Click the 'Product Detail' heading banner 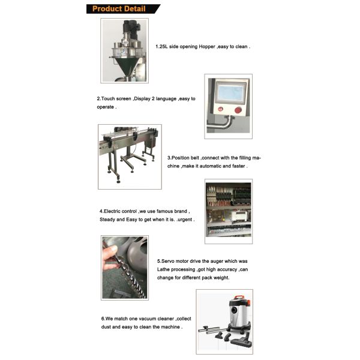[122, 8]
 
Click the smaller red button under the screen [220, 109]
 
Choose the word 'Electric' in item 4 [113, 211]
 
